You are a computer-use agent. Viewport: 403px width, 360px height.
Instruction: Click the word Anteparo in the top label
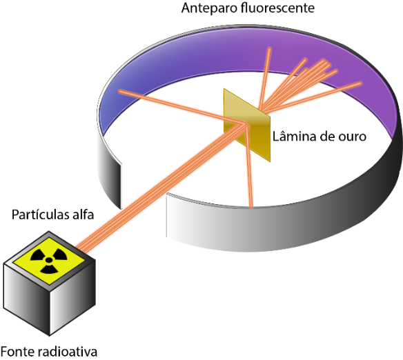210,8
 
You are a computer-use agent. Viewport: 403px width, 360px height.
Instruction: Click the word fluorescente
278,8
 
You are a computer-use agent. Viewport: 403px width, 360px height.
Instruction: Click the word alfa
83,214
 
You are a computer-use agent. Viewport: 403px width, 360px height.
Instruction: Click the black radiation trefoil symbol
49,260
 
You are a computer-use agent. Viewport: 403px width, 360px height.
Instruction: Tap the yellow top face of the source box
49,261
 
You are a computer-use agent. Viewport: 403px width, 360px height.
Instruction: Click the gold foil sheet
247,126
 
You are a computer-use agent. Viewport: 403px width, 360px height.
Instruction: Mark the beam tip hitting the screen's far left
120,91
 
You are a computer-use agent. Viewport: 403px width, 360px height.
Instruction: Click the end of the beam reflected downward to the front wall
251,206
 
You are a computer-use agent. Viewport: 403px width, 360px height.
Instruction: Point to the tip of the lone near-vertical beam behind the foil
269,48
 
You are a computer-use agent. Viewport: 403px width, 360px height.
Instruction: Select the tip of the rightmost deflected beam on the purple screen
360,83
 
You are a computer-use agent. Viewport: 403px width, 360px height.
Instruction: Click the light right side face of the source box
72,298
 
